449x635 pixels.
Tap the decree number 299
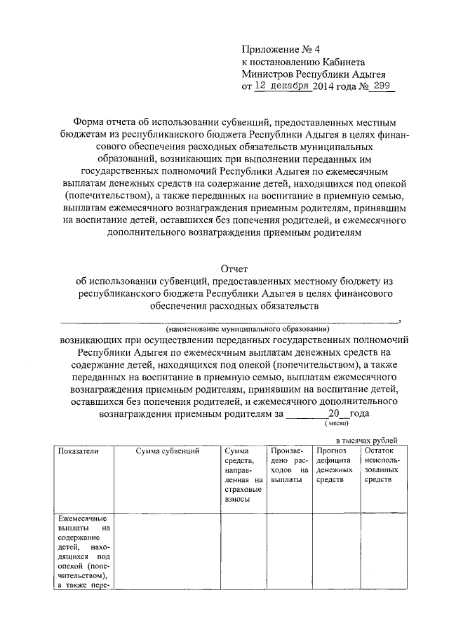pyautogui.click(x=383, y=86)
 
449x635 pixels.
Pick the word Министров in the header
pyautogui.click(x=267, y=74)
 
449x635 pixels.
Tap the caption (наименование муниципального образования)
pyautogui.click(x=247, y=328)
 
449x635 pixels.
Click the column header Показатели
pyautogui.click(x=79, y=450)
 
